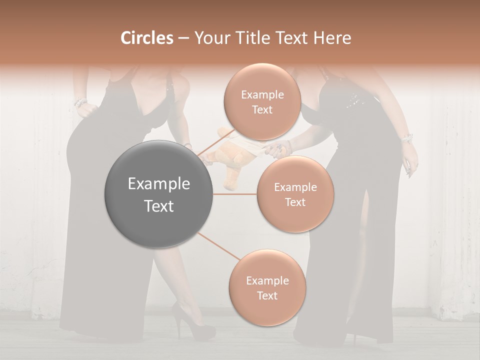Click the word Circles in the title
146,38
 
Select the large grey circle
159,194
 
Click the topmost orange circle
262,101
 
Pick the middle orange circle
295,194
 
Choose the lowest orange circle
267,287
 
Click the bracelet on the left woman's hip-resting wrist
80,103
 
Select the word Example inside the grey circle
159,184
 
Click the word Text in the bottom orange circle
267,295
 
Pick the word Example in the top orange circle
262,94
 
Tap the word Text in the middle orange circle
295,202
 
